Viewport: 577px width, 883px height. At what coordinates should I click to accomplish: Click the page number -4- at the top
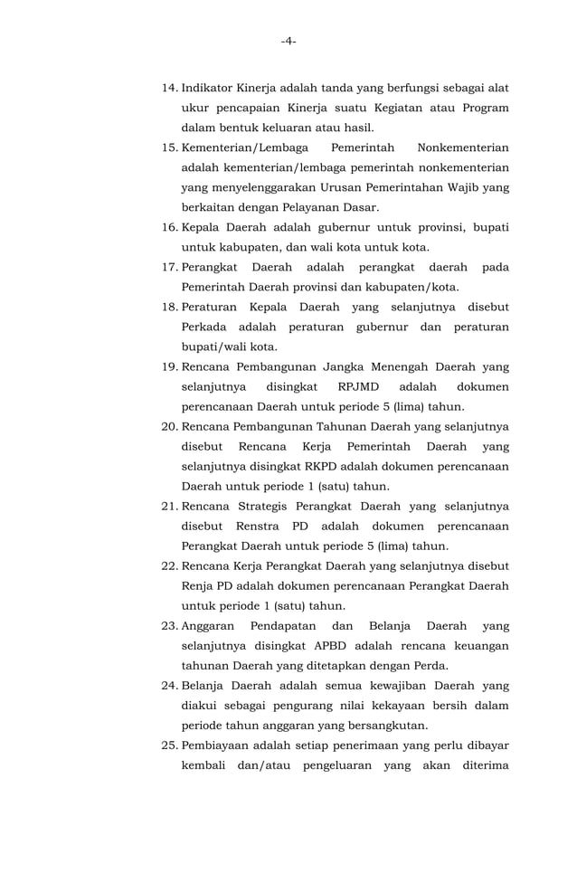coord(288,41)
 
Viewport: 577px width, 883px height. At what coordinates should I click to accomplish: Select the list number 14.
coord(169,89)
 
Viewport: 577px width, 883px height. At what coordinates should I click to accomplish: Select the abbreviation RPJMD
coord(350,386)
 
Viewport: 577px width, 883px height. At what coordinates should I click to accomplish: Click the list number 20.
coord(169,426)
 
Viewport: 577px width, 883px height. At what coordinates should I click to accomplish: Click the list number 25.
coord(169,745)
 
